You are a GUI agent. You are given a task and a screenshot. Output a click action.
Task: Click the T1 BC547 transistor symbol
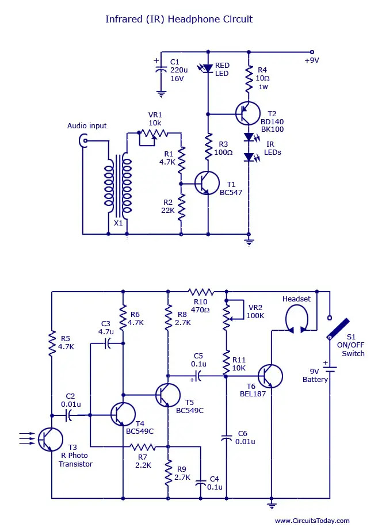[x=207, y=183]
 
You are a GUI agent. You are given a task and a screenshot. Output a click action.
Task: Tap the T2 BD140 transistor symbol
[x=248, y=113]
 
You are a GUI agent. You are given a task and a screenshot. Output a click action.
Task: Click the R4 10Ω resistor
[x=249, y=79]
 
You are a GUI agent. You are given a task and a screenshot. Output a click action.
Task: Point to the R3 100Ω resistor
[x=208, y=147]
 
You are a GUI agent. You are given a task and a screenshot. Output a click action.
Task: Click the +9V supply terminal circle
[x=312, y=52]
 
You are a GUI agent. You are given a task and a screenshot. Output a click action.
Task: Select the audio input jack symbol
[x=82, y=140]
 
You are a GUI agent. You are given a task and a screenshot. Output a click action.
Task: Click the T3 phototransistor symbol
[x=50, y=439]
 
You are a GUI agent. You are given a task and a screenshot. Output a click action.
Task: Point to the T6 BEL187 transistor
[x=270, y=376]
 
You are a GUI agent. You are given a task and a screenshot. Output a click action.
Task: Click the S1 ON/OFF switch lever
[x=338, y=328]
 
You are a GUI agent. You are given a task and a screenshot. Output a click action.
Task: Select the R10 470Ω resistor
[x=201, y=292]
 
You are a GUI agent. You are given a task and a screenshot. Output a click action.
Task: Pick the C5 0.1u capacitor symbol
[x=198, y=376]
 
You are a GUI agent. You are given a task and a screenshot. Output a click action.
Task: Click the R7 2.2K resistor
[x=143, y=446]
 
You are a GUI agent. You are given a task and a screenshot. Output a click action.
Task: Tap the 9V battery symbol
[x=330, y=369]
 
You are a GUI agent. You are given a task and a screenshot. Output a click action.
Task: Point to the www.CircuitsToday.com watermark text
[x=312, y=521]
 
